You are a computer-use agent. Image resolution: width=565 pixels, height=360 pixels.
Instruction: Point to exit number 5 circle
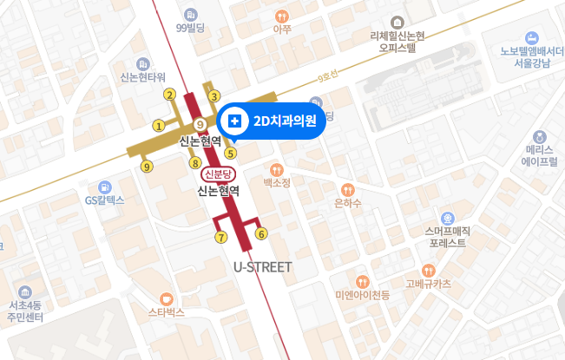tap(230, 154)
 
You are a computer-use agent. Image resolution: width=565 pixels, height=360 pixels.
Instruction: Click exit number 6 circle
tap(261, 232)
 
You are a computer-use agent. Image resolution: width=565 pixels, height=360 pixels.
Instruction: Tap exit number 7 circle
tap(221, 237)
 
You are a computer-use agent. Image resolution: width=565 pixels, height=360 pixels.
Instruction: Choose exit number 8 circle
tap(195, 162)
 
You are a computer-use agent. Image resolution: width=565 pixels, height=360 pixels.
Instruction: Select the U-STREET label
tap(263, 266)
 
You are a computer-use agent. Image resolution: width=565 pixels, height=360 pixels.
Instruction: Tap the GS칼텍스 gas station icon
tap(105, 187)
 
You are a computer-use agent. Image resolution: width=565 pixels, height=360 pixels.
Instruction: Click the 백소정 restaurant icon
tap(277, 169)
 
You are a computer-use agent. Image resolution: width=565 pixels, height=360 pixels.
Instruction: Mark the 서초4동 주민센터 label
tap(25, 311)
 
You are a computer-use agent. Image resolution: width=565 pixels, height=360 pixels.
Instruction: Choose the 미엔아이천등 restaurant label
tap(362, 295)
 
